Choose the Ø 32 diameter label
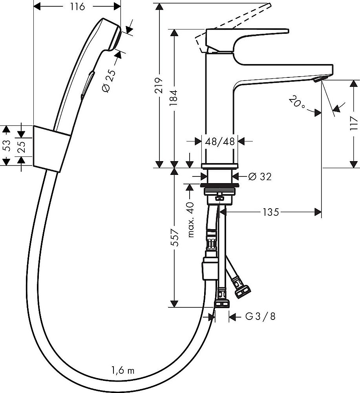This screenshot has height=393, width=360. [x=259, y=177]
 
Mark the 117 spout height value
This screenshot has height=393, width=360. [x=353, y=124]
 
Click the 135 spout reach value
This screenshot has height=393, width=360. [x=270, y=213]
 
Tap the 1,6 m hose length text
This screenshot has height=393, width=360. [x=122, y=370]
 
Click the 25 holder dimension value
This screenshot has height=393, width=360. [x=22, y=146]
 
